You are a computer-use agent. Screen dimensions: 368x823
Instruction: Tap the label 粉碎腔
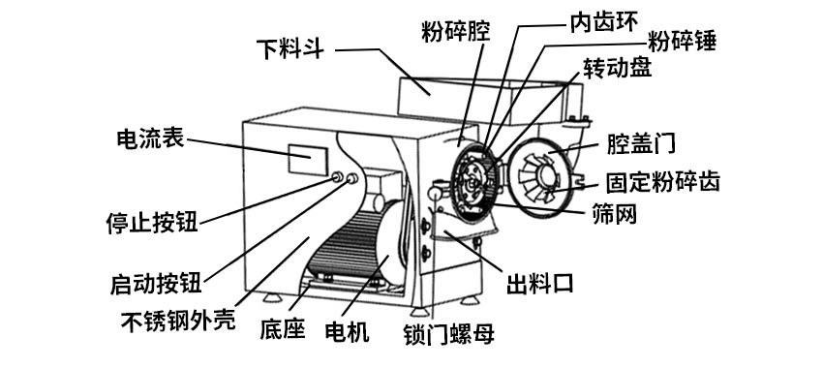coord(455,31)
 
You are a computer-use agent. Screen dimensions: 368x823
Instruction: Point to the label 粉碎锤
coord(686,42)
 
